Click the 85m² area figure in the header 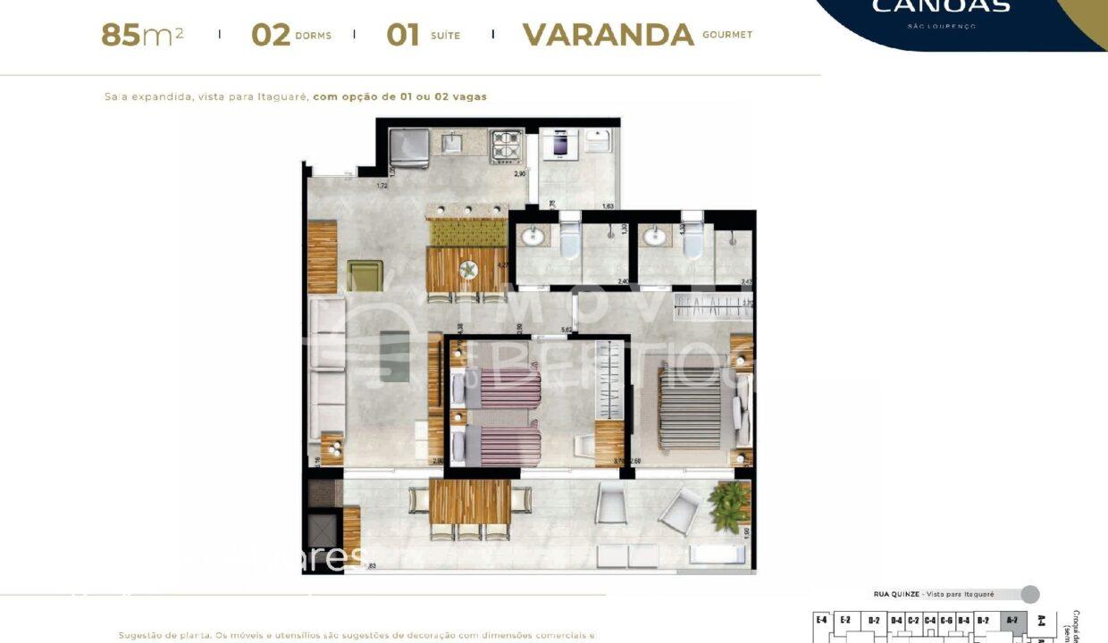tap(142, 35)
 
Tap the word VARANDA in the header tap(608, 35)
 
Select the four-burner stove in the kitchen tap(506, 146)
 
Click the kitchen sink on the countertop tap(452, 142)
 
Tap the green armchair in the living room tap(365, 275)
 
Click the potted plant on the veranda tap(731, 506)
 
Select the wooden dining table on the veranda tap(470, 503)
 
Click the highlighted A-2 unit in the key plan tap(1011, 620)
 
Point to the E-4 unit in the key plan tap(820, 620)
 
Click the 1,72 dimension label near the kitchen tap(382, 186)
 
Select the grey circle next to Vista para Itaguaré tap(1030, 594)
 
